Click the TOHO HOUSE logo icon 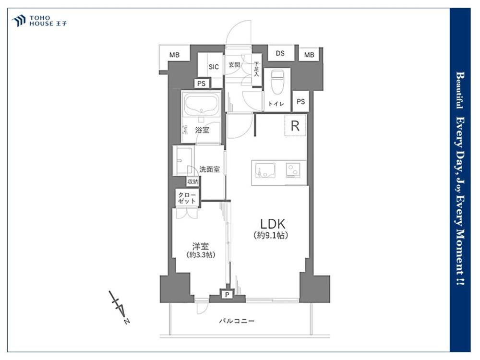(19, 21)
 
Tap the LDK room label (273, 224)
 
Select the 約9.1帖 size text (271, 235)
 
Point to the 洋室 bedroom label (201, 246)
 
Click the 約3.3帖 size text (201, 255)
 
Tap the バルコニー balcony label (237, 321)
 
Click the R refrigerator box (295, 125)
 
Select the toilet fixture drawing (278, 83)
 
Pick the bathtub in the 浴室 (201, 104)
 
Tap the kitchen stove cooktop (293, 170)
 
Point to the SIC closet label (214, 67)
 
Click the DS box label (280, 53)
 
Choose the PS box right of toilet (301, 101)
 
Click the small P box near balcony (227, 295)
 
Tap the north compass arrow (120, 307)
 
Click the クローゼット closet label (187, 198)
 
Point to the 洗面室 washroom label (209, 169)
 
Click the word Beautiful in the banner (460, 90)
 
